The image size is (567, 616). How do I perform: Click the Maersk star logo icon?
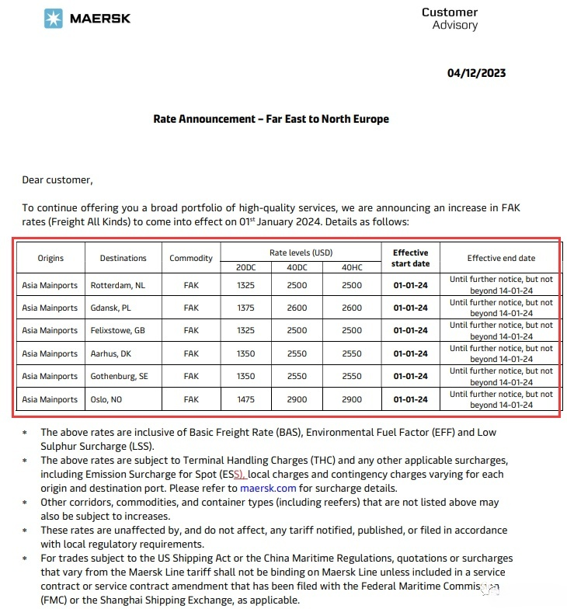click(x=54, y=19)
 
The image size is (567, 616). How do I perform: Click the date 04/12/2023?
click(x=476, y=73)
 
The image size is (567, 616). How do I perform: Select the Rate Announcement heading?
click(x=271, y=119)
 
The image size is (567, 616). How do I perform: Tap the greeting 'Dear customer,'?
click(x=57, y=180)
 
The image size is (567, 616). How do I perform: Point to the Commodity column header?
click(x=190, y=258)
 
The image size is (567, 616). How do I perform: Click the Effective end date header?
click(x=500, y=258)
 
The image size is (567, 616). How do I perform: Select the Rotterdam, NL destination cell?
click(x=118, y=285)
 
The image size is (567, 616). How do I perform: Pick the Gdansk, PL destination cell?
click(x=111, y=308)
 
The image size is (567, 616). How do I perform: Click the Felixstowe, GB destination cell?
click(x=118, y=331)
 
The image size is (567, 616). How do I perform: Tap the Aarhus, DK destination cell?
click(x=112, y=353)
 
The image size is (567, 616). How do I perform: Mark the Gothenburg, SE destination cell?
click(x=120, y=376)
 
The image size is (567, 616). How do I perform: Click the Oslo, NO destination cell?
click(x=107, y=399)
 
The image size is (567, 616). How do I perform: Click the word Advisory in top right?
click(x=455, y=25)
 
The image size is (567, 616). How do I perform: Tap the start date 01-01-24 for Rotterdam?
click(x=411, y=285)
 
